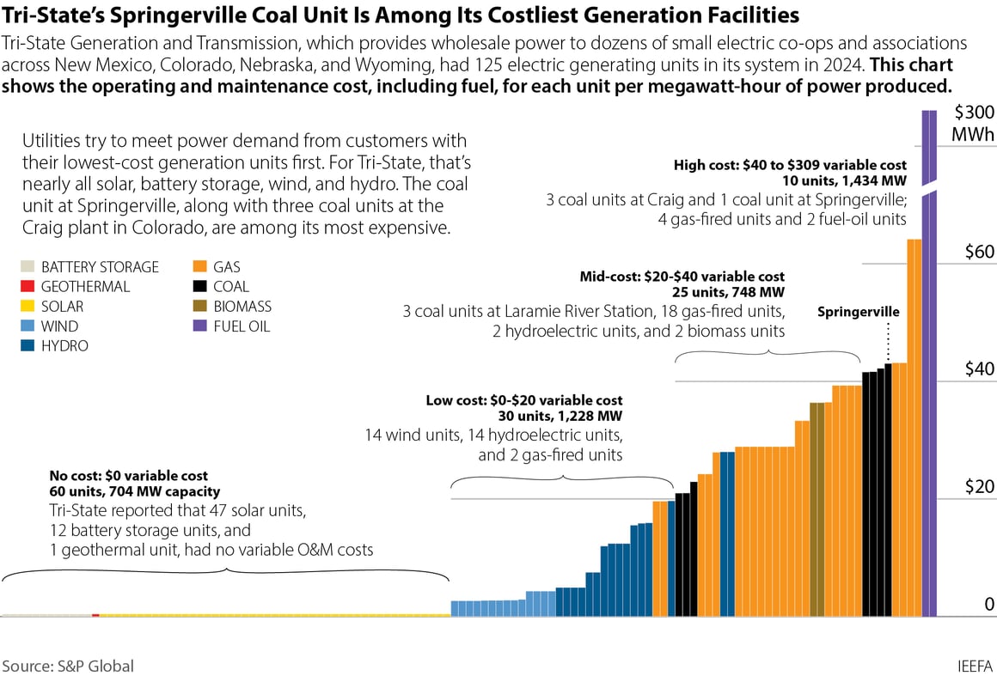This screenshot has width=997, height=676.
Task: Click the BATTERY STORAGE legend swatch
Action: coord(26,267)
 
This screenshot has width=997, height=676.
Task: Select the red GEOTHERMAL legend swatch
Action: coord(26,287)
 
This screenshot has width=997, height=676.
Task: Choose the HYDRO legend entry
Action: coord(26,346)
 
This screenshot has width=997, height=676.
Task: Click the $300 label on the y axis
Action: coord(974,113)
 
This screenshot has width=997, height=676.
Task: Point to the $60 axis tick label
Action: coord(977,252)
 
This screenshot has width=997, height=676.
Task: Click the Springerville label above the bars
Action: coord(858,312)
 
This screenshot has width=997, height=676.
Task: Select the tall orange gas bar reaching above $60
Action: coord(914,429)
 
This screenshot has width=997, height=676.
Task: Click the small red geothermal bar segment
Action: coord(95,615)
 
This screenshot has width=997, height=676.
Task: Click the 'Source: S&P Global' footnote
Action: coord(68,666)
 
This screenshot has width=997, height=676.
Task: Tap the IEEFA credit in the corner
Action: coord(975,666)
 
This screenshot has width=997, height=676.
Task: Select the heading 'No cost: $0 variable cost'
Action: coord(129,475)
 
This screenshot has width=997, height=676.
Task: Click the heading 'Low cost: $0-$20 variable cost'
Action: coord(524,400)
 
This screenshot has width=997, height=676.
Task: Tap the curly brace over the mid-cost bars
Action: coord(767,355)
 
